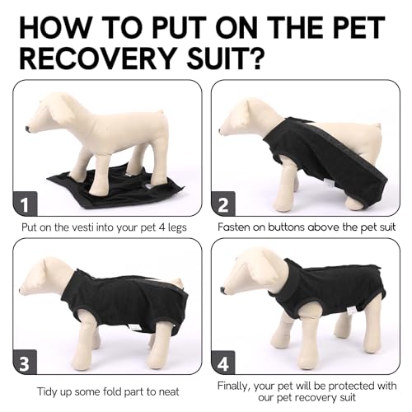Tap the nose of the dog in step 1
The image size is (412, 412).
tap(29, 129)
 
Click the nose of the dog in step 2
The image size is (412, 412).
tap(222, 129)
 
